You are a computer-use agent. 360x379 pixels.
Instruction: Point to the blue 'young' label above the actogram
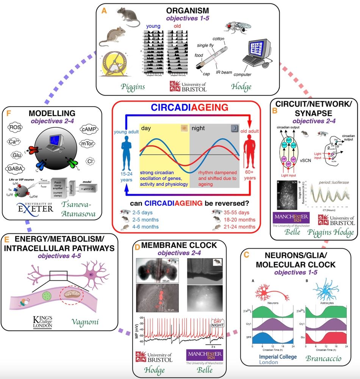click(x=155, y=27)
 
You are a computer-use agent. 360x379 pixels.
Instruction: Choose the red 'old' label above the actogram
click(x=177, y=27)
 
